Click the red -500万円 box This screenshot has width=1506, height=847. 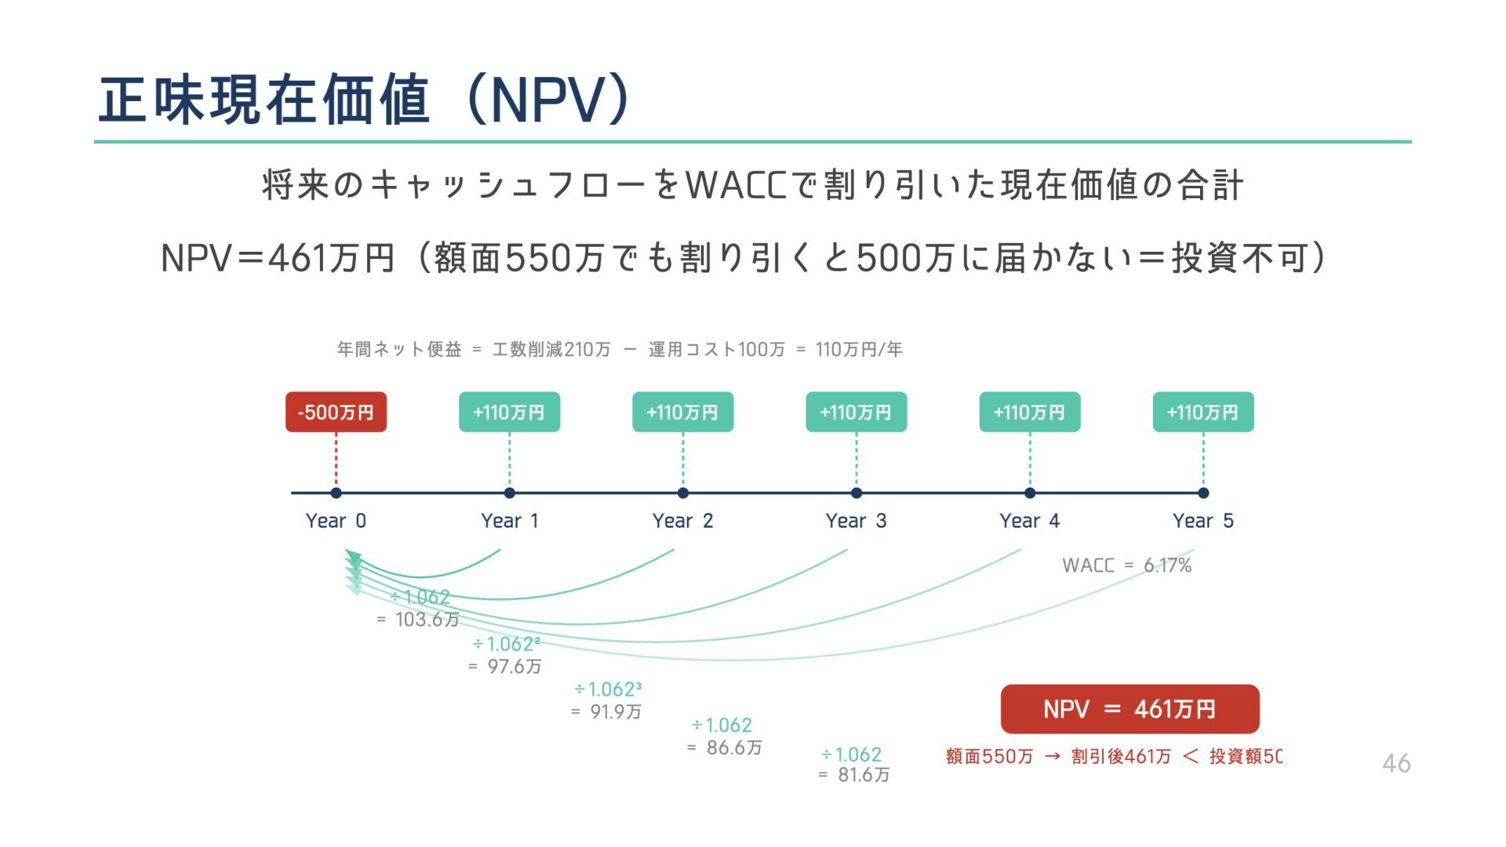coord(336,412)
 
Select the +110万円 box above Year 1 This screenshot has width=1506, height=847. coord(509,412)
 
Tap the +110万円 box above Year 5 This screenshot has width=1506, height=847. coord(1202,412)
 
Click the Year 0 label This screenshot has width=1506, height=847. coord(336,521)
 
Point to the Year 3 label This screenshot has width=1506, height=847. coord(856,521)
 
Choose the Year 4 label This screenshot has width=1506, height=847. coord(1029,521)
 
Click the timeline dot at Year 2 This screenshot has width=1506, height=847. coord(682,493)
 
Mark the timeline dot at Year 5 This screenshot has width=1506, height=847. coord(1203,493)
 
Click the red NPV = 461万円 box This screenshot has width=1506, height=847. coord(1129,709)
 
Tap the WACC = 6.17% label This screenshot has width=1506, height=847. coord(1126,565)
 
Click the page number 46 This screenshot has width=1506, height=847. coord(1395,763)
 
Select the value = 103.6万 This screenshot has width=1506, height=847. coord(418,620)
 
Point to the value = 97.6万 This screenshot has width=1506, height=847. coord(505,667)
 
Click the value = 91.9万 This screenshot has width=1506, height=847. coord(606,712)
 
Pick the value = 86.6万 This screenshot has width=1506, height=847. coord(725,748)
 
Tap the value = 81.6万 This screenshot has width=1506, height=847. coord(854,776)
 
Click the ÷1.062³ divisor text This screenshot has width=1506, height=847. coord(608,689)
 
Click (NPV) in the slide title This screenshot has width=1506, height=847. coord(549,100)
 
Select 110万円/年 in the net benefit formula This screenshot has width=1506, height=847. coord(859,350)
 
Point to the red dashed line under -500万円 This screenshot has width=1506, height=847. coord(336,460)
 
